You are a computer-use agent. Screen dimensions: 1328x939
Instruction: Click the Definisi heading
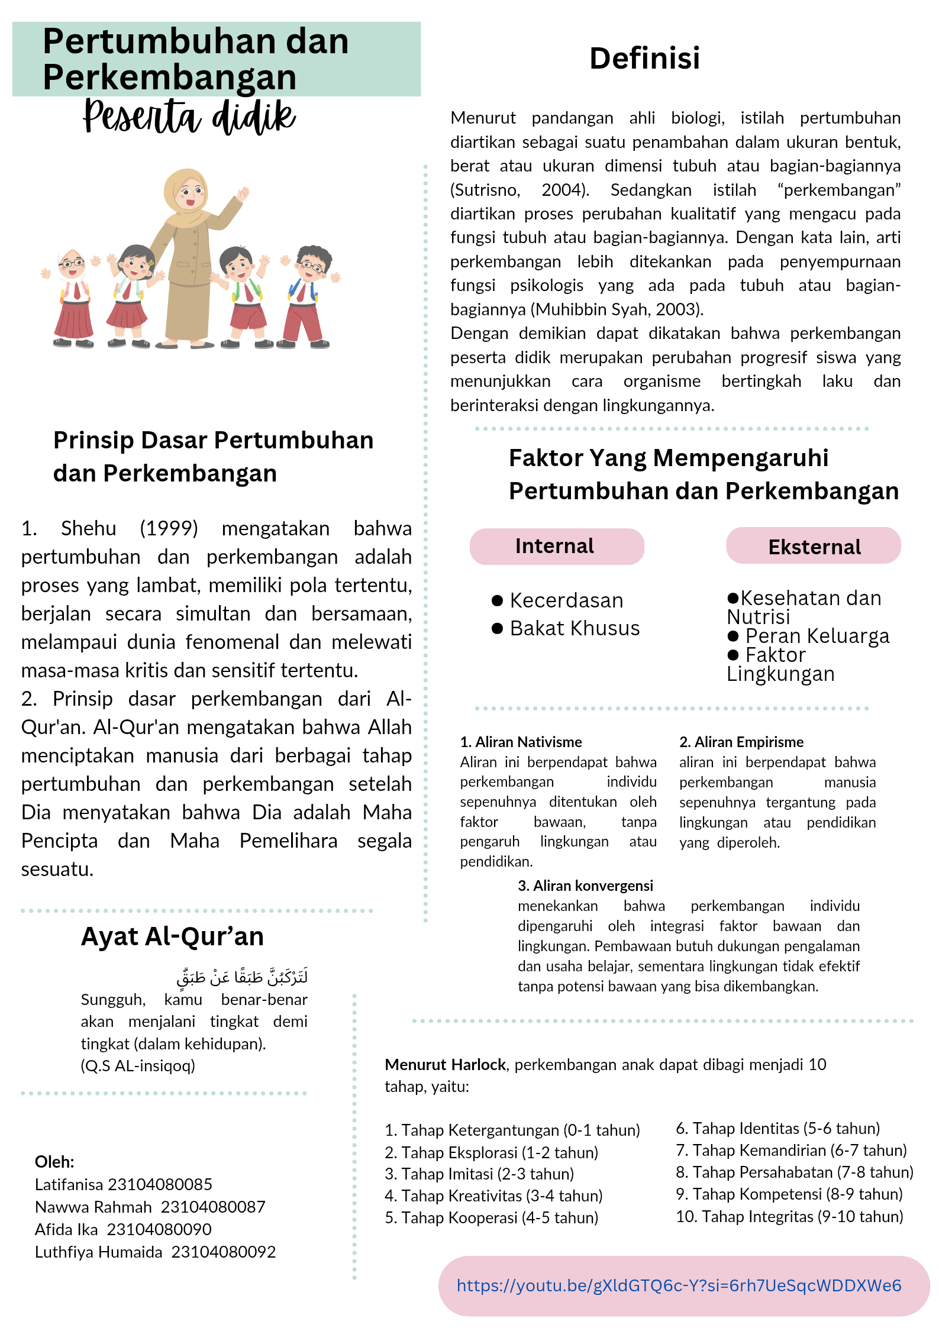(644, 59)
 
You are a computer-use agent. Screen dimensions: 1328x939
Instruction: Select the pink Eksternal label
(814, 547)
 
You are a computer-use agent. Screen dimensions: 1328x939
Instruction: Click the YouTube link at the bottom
(679, 1285)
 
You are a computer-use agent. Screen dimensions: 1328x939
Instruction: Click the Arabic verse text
(242, 977)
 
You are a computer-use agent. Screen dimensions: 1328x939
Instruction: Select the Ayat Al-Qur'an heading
(172, 937)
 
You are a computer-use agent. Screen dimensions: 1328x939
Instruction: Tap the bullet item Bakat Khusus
(574, 628)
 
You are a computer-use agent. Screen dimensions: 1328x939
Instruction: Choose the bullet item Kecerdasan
(566, 600)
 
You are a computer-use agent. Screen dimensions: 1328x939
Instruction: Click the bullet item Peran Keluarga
(817, 636)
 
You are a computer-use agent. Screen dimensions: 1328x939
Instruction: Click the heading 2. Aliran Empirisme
(741, 742)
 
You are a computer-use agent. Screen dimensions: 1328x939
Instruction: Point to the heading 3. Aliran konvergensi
(585, 886)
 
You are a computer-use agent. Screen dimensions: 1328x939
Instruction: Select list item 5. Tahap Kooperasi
(492, 1218)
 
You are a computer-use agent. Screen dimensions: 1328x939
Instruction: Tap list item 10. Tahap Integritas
(789, 1217)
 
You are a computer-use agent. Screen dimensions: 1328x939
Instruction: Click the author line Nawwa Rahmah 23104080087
(150, 1207)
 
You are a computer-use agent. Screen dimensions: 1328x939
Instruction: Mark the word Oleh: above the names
(54, 1162)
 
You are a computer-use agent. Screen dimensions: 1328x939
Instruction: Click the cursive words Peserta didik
(189, 117)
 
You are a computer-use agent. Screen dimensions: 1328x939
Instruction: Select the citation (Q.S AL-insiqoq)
(138, 1066)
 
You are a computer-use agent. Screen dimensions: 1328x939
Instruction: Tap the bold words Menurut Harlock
(445, 1065)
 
